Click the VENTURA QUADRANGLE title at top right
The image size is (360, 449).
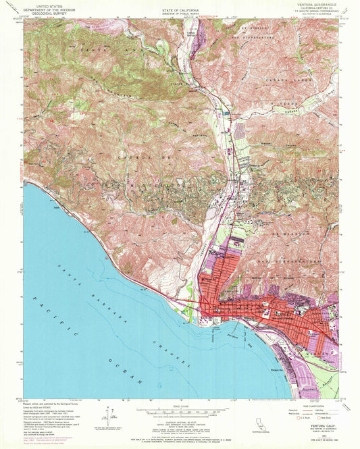pyautogui.click(x=313, y=5)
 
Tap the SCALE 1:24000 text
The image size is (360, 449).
pyautogui.click(x=180, y=406)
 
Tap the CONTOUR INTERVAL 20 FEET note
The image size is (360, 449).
pyautogui.click(x=180, y=419)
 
